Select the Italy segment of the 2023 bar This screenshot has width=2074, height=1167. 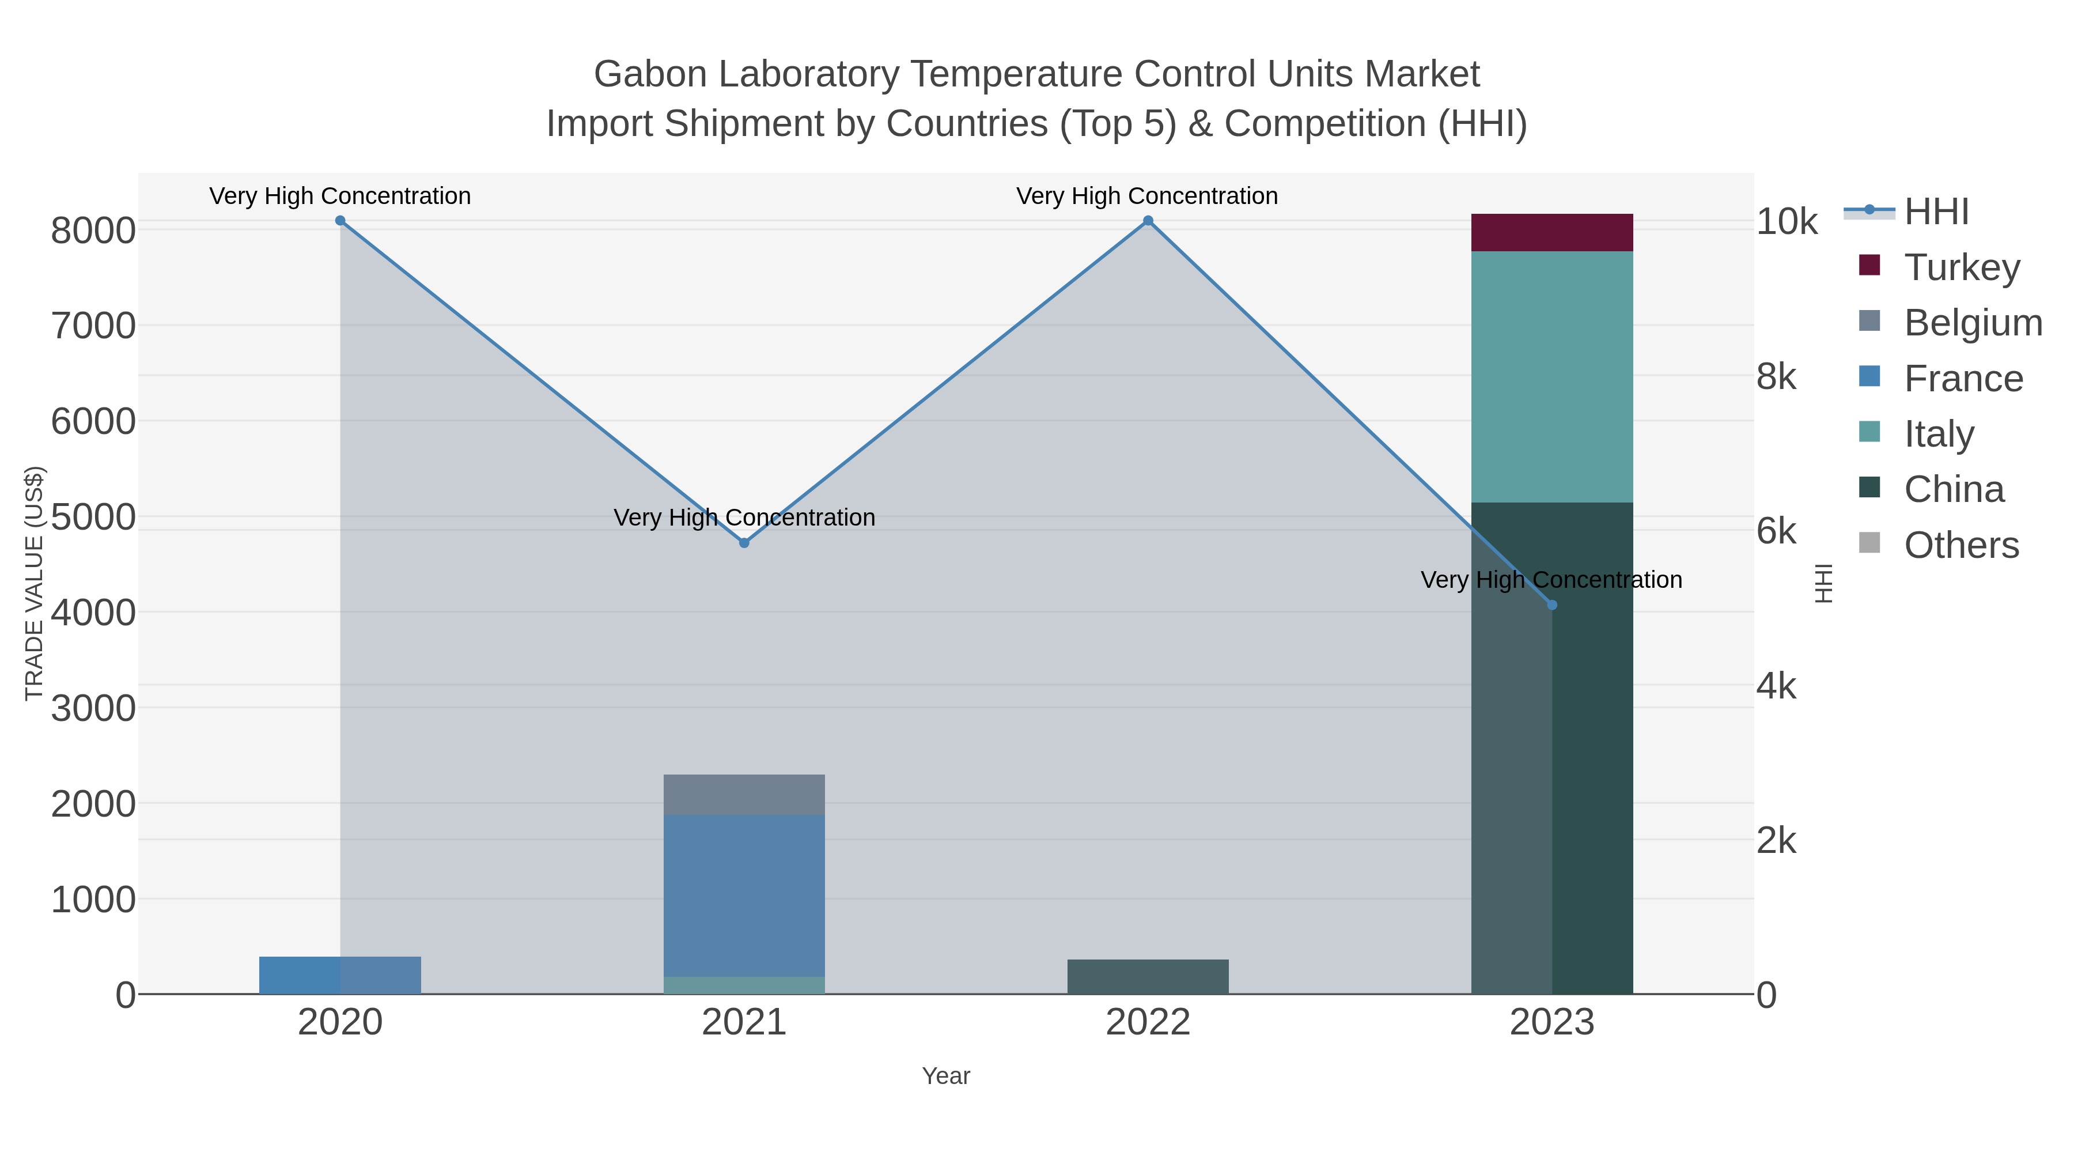pyautogui.click(x=1551, y=376)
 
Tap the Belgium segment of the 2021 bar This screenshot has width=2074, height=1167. pyautogui.click(x=744, y=794)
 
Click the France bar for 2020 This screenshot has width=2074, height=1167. pyautogui.click(x=340, y=975)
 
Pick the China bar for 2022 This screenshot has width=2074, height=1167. pyautogui.click(x=1147, y=976)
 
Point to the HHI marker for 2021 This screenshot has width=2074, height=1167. pyautogui.click(x=744, y=543)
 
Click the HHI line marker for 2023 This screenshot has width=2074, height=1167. pyautogui.click(x=1552, y=605)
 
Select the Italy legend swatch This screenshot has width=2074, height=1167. pyautogui.click(x=1869, y=432)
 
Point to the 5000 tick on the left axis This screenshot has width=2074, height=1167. pyautogui.click(x=93, y=516)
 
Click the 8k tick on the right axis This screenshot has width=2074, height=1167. pyautogui.click(x=1777, y=377)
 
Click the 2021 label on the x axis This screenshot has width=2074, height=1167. pyautogui.click(x=744, y=1023)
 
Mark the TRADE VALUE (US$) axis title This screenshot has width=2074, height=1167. pyautogui.click(x=34, y=583)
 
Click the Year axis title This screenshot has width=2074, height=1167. pyautogui.click(x=946, y=1076)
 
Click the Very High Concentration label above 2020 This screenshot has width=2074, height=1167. pyautogui.click(x=340, y=196)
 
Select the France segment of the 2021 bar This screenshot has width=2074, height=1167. pyautogui.click(x=744, y=894)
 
